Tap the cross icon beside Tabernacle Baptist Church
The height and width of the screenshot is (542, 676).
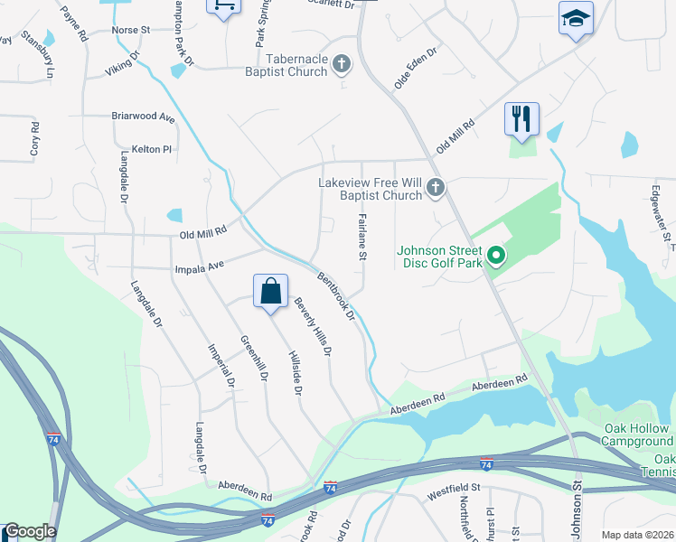(342, 63)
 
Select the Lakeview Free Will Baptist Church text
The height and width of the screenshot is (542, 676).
(370, 188)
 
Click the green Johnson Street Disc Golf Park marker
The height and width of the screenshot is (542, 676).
(494, 257)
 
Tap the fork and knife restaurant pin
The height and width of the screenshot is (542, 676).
(521, 118)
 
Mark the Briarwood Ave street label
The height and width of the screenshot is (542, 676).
(143, 117)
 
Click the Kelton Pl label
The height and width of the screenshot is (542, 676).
(151, 148)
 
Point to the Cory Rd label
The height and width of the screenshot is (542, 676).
(34, 140)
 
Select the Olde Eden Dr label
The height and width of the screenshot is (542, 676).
(415, 68)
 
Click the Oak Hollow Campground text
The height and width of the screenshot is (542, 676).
(636, 435)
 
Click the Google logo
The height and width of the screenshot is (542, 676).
(30, 532)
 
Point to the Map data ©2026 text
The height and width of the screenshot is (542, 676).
(636, 535)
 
